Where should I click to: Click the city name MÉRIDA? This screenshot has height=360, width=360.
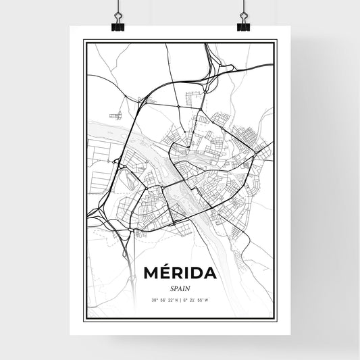click(x=180, y=274)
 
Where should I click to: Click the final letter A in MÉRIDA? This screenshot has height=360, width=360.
click(x=209, y=274)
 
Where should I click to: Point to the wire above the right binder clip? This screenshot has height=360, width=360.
click(x=243, y=8)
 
